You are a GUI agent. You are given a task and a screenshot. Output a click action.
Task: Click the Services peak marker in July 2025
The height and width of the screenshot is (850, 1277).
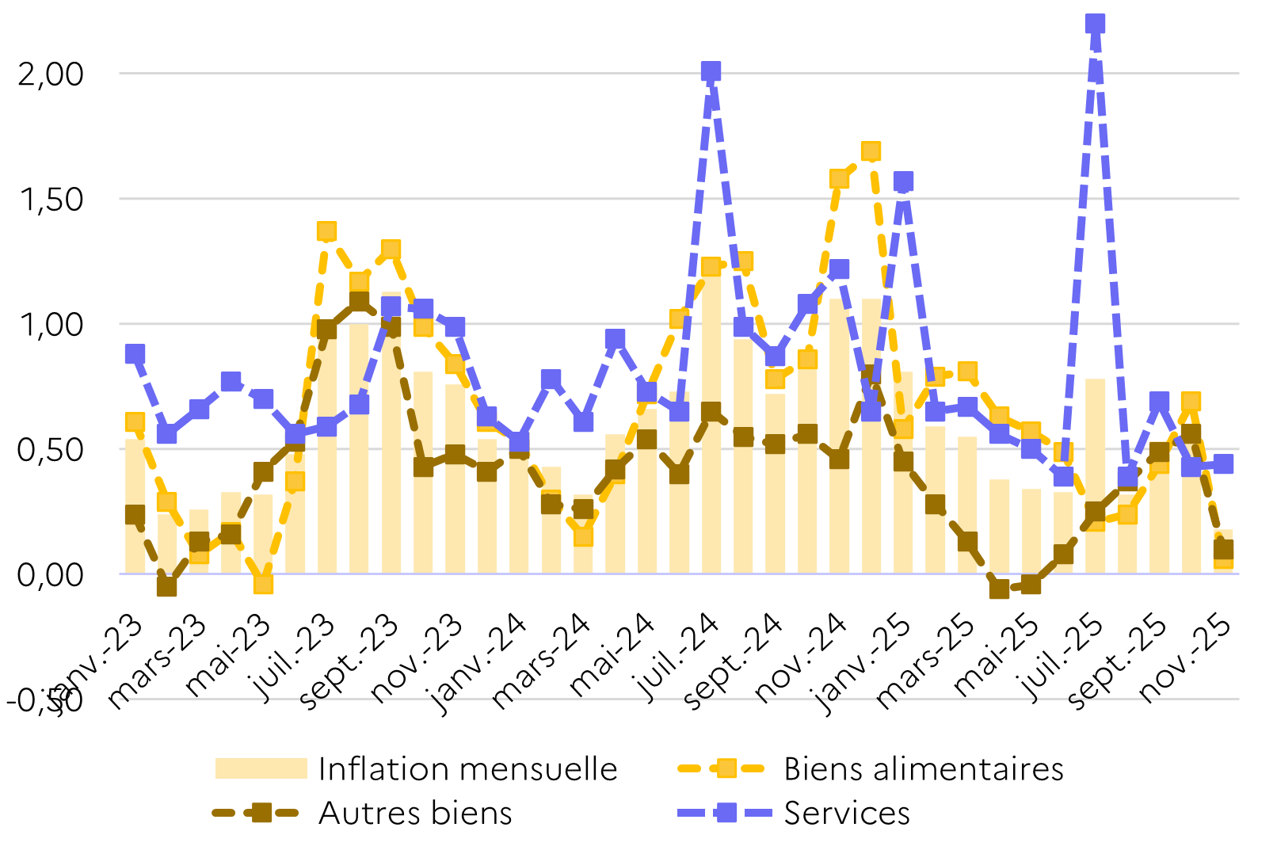[x=1095, y=24]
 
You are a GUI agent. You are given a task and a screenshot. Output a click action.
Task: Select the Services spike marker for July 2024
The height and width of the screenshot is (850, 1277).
[x=711, y=71]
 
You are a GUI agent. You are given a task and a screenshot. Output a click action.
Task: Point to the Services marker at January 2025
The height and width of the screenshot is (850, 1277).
[x=903, y=181]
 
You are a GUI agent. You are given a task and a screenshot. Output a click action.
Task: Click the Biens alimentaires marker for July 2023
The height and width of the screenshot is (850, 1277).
[x=326, y=231]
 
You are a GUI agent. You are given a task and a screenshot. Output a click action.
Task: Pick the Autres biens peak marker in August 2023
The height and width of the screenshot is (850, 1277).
[x=358, y=301]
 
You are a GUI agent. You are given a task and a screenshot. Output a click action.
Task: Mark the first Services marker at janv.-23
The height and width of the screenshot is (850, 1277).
[x=135, y=353]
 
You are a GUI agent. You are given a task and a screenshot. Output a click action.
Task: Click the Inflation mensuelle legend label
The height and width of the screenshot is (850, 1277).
[x=467, y=768]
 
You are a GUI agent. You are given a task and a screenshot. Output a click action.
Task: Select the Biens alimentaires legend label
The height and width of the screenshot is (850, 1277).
[x=923, y=768]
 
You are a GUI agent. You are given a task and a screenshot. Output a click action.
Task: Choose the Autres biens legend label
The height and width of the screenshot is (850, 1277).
[x=415, y=813]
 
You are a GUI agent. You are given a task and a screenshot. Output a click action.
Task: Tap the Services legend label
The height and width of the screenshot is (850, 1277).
[x=847, y=813]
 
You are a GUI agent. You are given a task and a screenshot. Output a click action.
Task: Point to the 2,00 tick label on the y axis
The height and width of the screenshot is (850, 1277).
[x=51, y=74]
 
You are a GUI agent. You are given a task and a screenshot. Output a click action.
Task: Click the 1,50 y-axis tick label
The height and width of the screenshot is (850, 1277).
[x=51, y=199]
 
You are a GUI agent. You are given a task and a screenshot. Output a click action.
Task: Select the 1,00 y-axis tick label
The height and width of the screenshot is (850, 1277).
[x=51, y=324]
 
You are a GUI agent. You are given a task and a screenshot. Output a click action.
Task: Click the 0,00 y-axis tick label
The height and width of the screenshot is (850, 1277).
[x=51, y=574]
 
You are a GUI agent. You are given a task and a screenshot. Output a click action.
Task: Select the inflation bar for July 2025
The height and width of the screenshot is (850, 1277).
[x=1095, y=475]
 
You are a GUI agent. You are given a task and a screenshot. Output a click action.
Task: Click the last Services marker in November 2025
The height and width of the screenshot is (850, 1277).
[x=1223, y=463]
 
